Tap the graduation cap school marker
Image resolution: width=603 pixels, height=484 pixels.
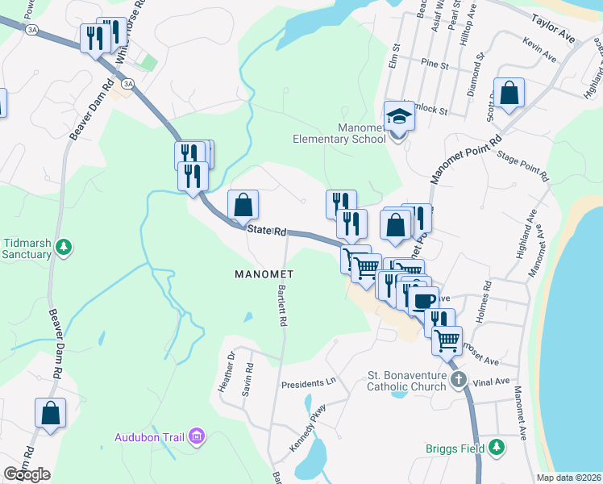[398, 116]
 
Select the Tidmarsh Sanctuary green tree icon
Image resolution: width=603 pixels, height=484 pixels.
[67, 247]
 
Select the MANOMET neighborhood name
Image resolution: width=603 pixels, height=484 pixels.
[264, 274]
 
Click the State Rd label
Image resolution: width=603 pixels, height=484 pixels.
[267, 232]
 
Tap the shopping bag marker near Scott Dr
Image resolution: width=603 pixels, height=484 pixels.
[509, 94]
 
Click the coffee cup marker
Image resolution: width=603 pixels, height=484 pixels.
[422, 300]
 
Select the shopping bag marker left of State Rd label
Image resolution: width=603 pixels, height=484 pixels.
[243, 206]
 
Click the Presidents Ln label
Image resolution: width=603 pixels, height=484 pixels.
[308, 383]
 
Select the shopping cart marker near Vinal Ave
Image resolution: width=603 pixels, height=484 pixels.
[446, 340]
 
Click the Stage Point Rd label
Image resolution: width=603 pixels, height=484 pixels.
[523, 165]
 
